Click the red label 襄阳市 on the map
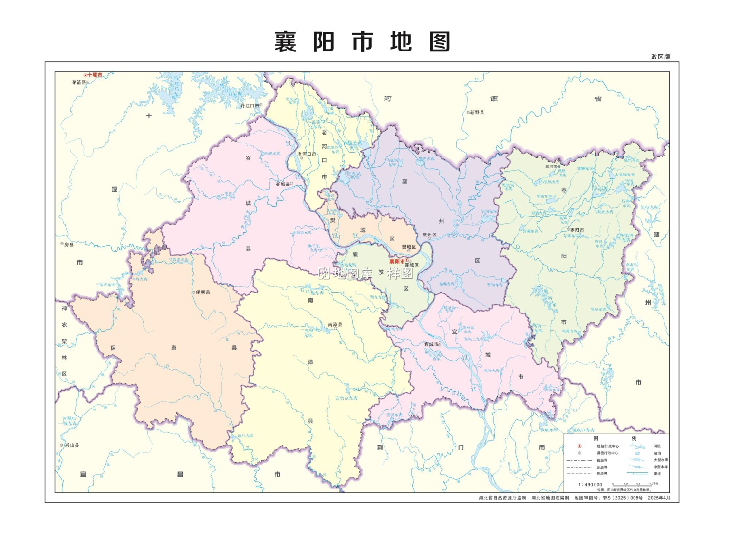coord(397,261)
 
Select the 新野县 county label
coord(477,112)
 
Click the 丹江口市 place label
coord(250,105)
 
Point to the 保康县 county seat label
coord(203,292)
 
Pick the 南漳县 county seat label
coord(335,324)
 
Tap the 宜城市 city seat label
coord(431,344)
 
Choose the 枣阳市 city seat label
coord(577,230)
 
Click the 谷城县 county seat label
coord(283,184)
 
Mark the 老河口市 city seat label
coord(307,154)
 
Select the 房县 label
coord(69,244)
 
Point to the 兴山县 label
coord(72,445)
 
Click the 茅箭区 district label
coord(78,83)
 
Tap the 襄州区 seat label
coord(429,235)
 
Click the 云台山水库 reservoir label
coord(346,398)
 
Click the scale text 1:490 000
coord(590,485)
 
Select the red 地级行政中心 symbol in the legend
coord(579,446)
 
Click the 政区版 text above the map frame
coord(661,57)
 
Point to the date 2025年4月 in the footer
coord(659,498)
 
